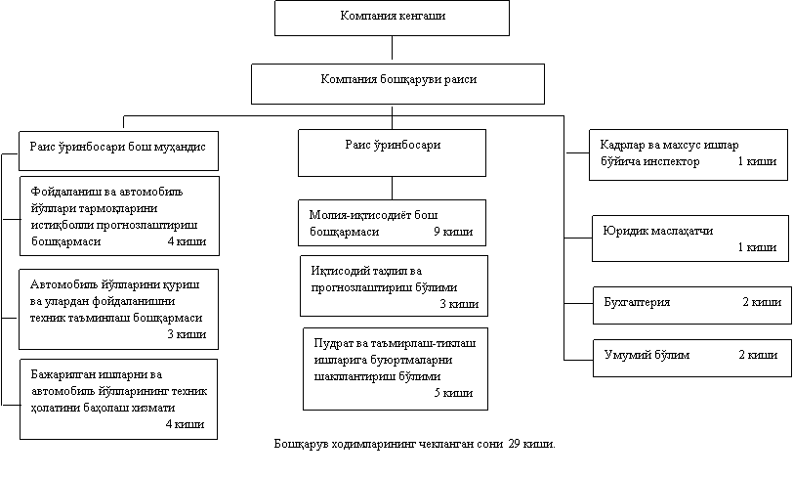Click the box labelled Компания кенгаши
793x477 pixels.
tap(392, 18)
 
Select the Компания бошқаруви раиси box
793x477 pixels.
tap(397, 83)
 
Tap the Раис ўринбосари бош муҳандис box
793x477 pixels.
tap(117, 150)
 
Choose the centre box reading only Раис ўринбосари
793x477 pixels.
tap(392, 150)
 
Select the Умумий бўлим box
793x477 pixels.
tap(690, 357)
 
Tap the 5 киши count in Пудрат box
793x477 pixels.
tap(452, 393)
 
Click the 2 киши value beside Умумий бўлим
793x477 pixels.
tap(758, 354)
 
